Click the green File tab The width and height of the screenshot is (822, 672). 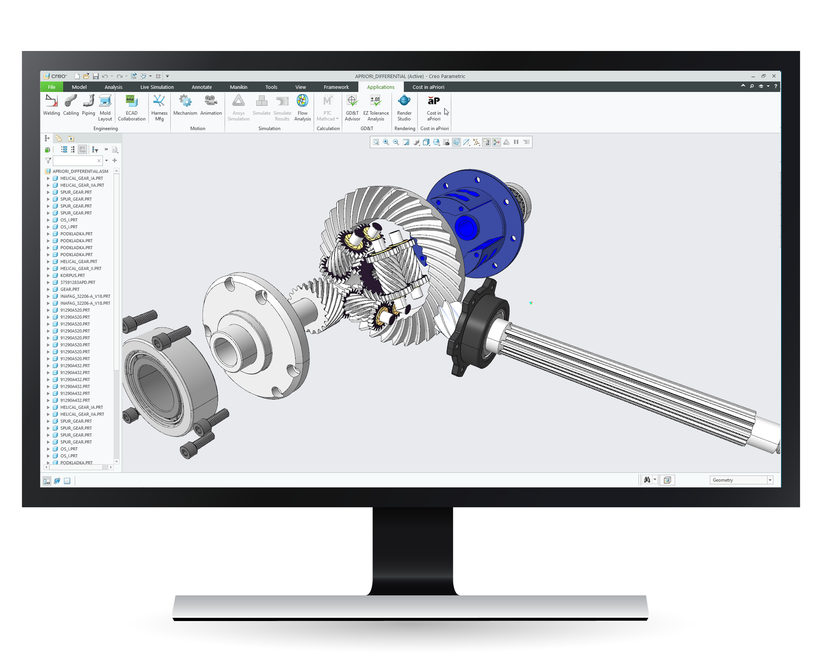[x=52, y=87]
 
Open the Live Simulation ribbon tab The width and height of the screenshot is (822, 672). [x=157, y=87]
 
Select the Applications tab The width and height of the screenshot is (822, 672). [x=380, y=87]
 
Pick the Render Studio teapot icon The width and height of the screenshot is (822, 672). [x=404, y=101]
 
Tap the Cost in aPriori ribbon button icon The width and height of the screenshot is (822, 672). [x=433, y=101]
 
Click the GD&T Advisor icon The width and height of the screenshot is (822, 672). [x=352, y=101]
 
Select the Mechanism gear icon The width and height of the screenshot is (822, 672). [x=185, y=101]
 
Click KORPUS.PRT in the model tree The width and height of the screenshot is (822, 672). [x=72, y=276]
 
